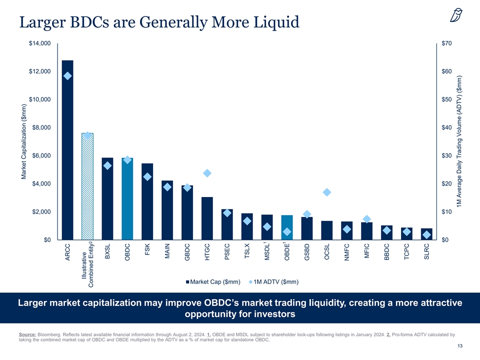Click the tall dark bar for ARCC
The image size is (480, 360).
point(67,150)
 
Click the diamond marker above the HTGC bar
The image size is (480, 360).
point(207,173)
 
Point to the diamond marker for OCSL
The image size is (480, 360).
point(327,192)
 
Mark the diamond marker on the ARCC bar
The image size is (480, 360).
point(68,76)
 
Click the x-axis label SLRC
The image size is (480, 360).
point(426,251)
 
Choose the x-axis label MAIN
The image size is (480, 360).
point(167,251)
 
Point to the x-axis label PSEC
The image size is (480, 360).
point(227,251)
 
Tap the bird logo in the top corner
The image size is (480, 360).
point(456,16)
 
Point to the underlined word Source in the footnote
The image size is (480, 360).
point(26,334)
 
